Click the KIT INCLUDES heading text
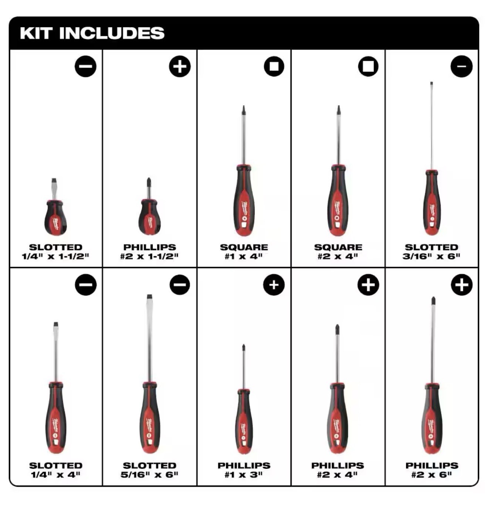pos(92,33)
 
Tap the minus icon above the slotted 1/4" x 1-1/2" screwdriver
pos(85,67)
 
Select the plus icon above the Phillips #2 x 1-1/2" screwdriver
pos(180,67)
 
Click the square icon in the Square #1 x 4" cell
pos(274,67)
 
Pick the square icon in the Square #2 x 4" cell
pos(368,67)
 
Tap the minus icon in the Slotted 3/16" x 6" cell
pos(461,67)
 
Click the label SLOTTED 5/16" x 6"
pos(149,470)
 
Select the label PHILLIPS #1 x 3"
pos(244,470)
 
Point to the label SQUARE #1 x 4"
pos(244,251)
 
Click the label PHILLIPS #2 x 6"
pos(431,470)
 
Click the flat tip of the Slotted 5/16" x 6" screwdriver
pos(149,297)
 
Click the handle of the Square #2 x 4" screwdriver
pos(338,201)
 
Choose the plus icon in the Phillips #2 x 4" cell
pos(368,285)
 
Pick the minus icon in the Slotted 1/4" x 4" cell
pos(85,285)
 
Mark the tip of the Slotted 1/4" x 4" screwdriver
pos(56,325)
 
